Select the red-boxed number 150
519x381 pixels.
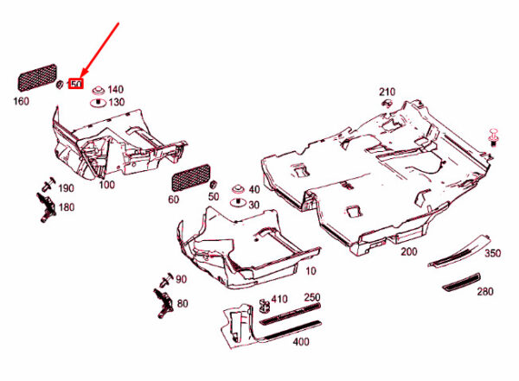75,85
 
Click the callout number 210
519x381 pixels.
386,91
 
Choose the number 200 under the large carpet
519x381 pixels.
407,251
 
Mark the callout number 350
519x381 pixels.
492,253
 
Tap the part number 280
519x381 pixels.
486,292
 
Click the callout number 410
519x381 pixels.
279,299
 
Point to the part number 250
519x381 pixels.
311,297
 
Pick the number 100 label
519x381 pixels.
107,185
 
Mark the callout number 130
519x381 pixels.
115,102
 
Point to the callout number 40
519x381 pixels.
253,188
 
